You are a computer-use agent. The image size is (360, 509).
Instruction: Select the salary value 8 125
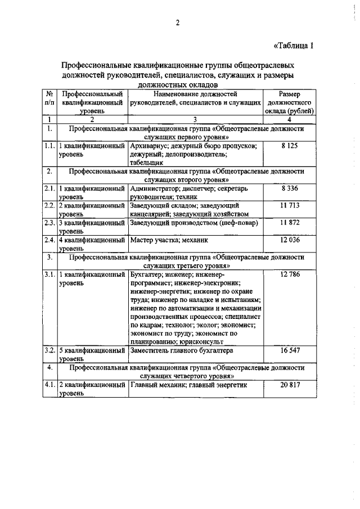[x=289, y=146]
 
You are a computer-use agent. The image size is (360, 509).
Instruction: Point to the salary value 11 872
[x=289, y=223]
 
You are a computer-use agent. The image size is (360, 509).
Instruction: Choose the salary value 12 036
[x=289, y=240]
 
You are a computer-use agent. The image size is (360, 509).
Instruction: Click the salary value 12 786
[x=289, y=274]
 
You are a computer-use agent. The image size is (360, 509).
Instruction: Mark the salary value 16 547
[x=289, y=350]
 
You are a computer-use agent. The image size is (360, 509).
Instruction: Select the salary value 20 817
[x=289, y=386]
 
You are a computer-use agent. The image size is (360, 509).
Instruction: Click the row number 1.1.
[x=49, y=146]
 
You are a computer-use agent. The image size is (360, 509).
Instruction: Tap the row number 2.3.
[x=49, y=223]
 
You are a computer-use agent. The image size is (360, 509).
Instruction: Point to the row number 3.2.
[x=49, y=350]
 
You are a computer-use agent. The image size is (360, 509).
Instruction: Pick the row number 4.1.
[x=49, y=386]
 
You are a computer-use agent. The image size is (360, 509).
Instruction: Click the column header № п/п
[x=49, y=99]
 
